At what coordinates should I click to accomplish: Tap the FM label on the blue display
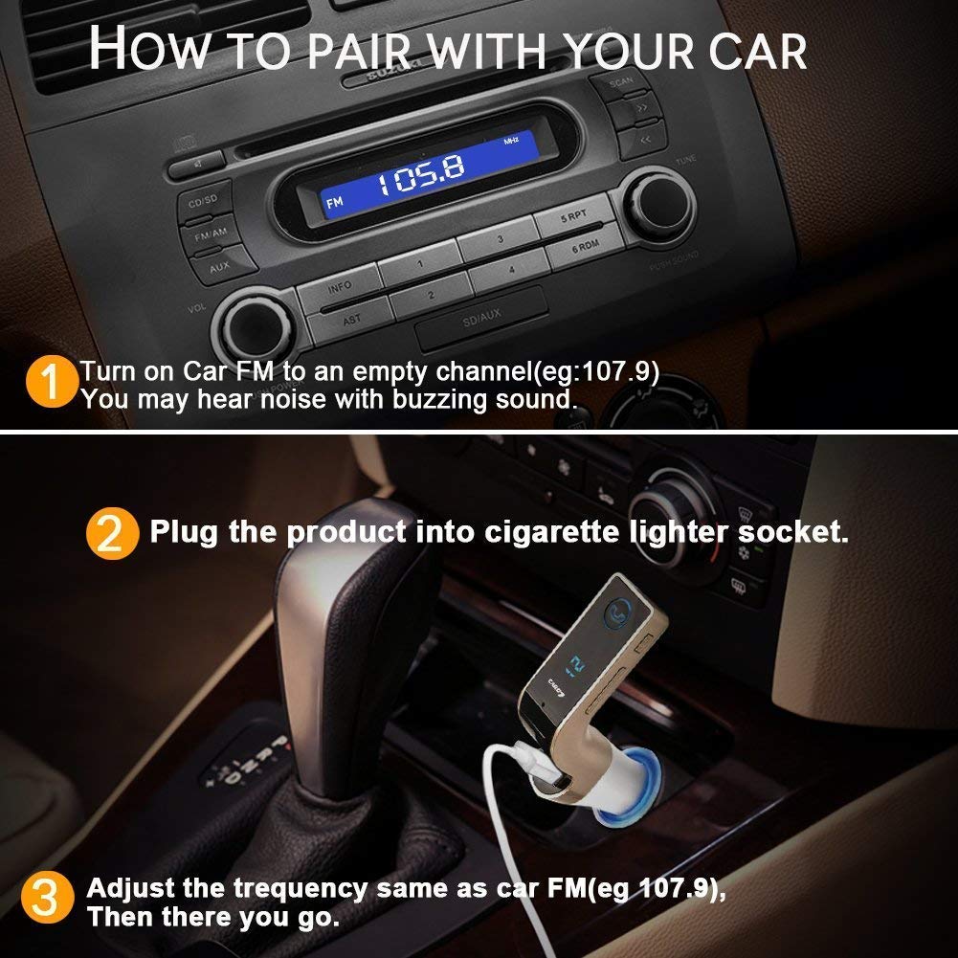click(335, 203)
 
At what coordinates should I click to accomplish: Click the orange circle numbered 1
click(54, 382)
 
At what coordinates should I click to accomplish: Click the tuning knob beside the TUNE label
click(662, 204)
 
